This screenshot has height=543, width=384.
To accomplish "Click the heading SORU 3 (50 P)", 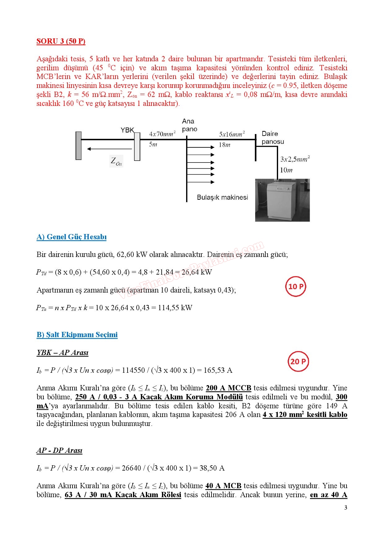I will (x=61, y=41).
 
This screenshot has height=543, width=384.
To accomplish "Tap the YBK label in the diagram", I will (x=127, y=130).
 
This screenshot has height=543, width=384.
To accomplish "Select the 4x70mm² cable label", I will (x=162, y=134).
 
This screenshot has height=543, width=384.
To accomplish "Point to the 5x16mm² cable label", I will (x=232, y=134).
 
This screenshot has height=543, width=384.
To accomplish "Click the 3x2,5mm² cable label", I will (x=295, y=159).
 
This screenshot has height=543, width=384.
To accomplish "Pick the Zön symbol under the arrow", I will (x=116, y=161).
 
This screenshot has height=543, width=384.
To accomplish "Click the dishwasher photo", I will (x=282, y=200).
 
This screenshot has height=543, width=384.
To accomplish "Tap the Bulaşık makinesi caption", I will (x=222, y=197).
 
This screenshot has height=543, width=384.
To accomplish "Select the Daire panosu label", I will (x=273, y=137).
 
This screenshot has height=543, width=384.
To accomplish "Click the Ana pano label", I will (x=190, y=125).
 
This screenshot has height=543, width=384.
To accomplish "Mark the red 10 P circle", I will (x=296, y=286).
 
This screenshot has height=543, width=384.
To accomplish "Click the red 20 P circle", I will (x=298, y=361).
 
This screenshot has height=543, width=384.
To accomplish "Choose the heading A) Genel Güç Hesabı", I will (x=72, y=237).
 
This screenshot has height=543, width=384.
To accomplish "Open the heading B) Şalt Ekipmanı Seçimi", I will (x=77, y=335).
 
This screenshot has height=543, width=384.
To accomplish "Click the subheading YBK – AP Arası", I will (x=63, y=353).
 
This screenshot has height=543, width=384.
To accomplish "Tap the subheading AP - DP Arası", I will (x=59, y=450).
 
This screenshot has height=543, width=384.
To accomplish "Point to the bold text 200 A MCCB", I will (x=229, y=388).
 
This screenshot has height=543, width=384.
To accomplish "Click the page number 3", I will (x=346, y=507).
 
